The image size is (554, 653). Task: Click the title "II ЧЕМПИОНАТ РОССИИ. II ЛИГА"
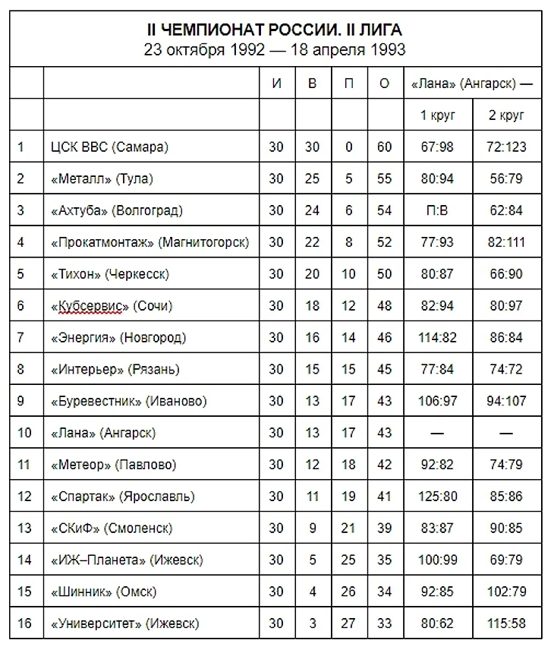tap(275, 30)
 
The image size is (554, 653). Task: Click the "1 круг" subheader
tap(438, 116)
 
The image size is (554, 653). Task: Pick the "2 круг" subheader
tap(507, 116)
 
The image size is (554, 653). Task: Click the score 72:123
tap(507, 147)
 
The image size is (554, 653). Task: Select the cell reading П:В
tap(438, 210)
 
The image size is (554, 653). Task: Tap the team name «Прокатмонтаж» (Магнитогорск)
tap(150, 242)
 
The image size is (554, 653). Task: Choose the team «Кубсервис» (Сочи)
tap(112, 306)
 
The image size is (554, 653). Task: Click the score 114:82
tap(438, 338)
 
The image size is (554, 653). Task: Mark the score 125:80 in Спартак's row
tap(438, 497)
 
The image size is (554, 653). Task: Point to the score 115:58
tap(507, 624)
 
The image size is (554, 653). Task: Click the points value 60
tap(384, 147)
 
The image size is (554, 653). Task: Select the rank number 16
tap(25, 624)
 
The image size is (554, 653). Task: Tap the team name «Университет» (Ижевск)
tap(124, 624)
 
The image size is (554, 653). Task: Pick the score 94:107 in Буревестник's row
tap(507, 401)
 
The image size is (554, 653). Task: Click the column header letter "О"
tap(384, 84)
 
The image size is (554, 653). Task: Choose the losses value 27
tap(348, 624)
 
